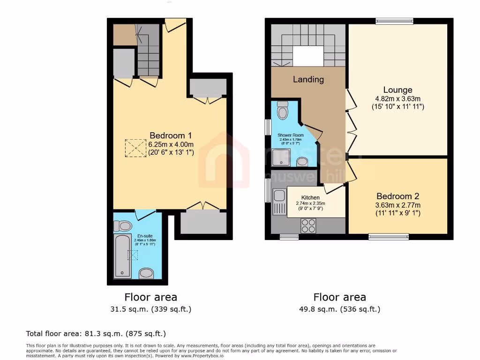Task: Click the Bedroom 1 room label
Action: pyautogui.click(x=171, y=135)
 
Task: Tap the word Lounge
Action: pyautogui.click(x=397, y=90)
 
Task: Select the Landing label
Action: pyautogui.click(x=308, y=79)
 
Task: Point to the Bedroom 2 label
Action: pyautogui.click(x=397, y=196)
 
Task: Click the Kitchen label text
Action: pyautogui.click(x=310, y=198)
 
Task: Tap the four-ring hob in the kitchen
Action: pyautogui.click(x=308, y=225)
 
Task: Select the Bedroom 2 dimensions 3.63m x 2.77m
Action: pyautogui.click(x=397, y=205)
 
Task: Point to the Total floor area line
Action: pyautogui.click(x=96, y=334)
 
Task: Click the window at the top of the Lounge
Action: pyautogui.click(x=394, y=21)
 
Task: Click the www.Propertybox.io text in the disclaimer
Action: pyautogui.click(x=202, y=355)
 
